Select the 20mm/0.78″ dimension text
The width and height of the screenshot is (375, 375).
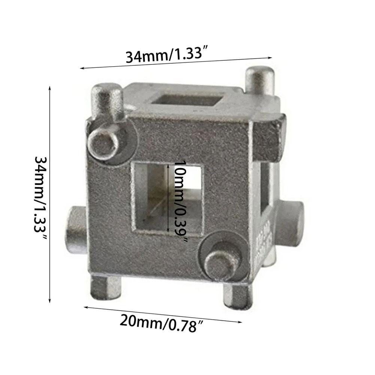tap(158, 322)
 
